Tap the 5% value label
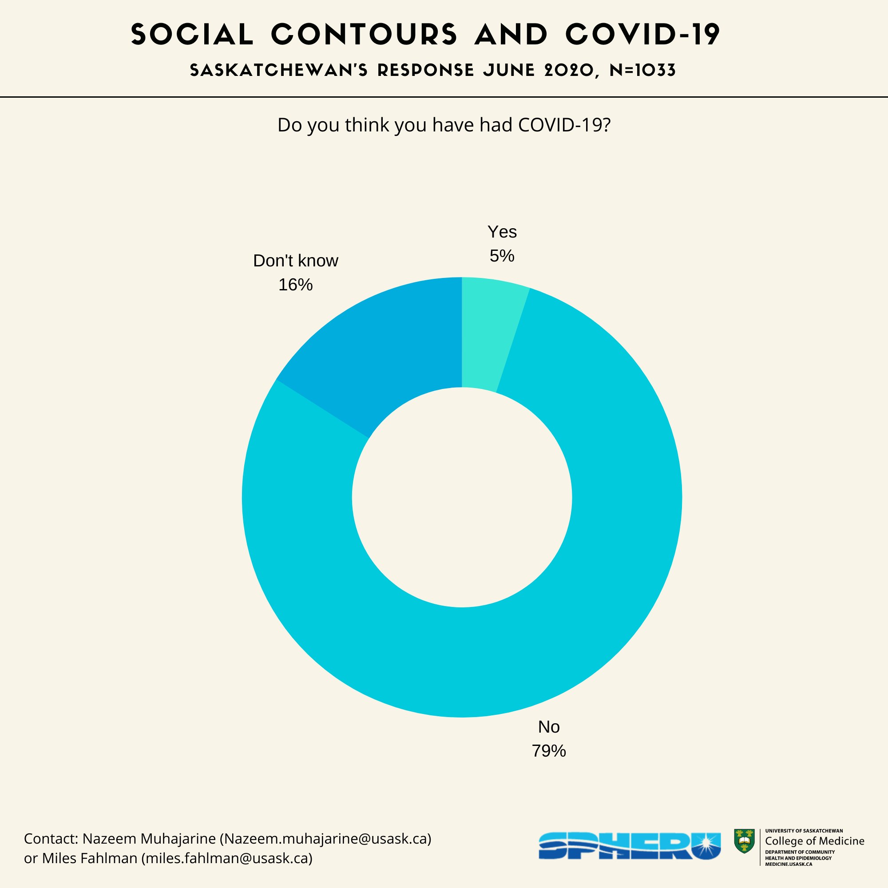pyautogui.click(x=502, y=256)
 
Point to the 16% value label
pyautogui.click(x=296, y=285)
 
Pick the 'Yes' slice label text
pyautogui.click(x=502, y=232)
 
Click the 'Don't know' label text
pyautogui.click(x=296, y=261)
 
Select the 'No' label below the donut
pyautogui.click(x=549, y=727)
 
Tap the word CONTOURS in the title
pyautogui.click(x=364, y=35)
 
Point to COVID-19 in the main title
pyautogui.click(x=642, y=35)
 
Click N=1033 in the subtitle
pyautogui.click(x=642, y=70)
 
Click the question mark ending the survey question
pyautogui.click(x=607, y=125)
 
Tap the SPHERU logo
pyautogui.click(x=629, y=846)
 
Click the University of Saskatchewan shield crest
pyautogui.click(x=744, y=841)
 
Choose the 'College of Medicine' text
pyautogui.click(x=814, y=840)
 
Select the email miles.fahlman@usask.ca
pyautogui.click(x=227, y=858)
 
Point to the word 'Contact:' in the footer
pyautogui.click(x=51, y=838)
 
